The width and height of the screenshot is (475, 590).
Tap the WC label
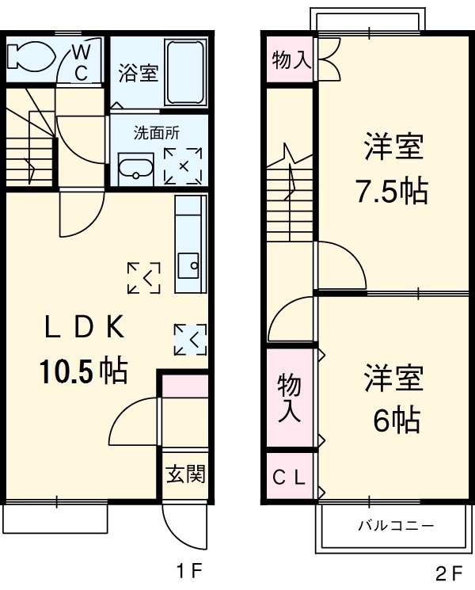(82, 63)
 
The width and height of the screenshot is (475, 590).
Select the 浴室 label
(139, 74)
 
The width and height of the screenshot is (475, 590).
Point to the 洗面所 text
(155, 131)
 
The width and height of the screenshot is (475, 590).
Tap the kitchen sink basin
(189, 265)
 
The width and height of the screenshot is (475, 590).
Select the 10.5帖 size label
(83, 370)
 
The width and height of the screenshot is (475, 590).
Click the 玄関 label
(186, 474)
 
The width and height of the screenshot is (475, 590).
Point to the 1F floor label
(190, 570)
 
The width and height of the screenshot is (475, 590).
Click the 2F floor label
(448, 570)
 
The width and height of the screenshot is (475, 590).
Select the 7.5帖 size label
(390, 191)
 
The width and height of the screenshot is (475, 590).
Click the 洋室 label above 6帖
(393, 378)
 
